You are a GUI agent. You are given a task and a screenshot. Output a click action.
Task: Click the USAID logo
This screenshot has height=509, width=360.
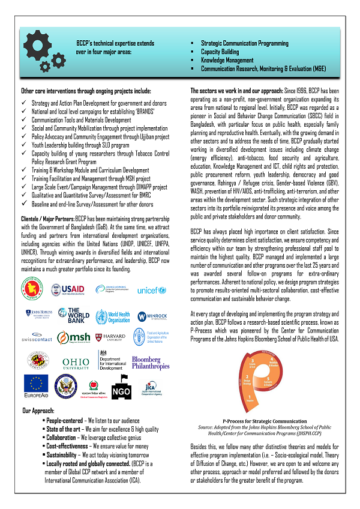[69, 290]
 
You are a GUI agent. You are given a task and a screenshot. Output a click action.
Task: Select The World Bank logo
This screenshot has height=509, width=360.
[77, 315]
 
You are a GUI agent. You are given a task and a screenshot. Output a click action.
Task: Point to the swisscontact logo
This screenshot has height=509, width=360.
[36, 338]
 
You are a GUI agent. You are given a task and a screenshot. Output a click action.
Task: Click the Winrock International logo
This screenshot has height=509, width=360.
[150, 316]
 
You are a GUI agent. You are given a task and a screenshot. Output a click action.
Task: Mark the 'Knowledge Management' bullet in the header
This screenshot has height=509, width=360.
[227, 61]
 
